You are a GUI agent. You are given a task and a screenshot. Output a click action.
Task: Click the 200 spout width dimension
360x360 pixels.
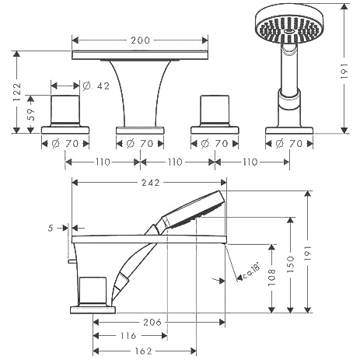pos(140,40)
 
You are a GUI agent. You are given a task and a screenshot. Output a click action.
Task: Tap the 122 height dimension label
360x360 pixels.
pos(17,92)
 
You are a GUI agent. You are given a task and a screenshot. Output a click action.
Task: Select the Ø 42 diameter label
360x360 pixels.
pos(96,86)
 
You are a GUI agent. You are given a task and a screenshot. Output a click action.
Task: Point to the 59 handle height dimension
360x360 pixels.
pos(31,114)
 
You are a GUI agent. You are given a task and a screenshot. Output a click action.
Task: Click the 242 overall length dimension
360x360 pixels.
pos(151,183)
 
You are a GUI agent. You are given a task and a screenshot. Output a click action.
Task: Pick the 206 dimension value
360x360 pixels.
pos(152,323)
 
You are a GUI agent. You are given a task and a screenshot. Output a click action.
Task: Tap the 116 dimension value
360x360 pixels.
pos(128,336)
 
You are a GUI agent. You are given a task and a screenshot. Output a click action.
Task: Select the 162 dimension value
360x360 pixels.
pos(143,351)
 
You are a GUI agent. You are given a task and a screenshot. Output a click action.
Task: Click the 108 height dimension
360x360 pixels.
pos(271,278)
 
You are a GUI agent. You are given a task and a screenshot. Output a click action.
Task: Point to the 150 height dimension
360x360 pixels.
pos(291,264)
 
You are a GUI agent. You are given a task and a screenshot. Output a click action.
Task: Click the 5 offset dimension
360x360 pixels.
pos(51,228)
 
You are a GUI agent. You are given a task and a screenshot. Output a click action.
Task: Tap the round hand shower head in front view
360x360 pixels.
pos(289,24)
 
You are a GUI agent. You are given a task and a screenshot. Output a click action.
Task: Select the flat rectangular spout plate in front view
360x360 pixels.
pos(140,55)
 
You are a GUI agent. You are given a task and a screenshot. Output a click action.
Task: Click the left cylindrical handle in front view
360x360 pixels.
pos(65,110)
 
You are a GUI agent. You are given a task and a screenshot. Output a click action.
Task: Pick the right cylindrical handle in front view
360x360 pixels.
pos(215,110)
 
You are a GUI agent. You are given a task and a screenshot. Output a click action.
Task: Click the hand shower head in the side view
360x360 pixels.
pos(193,210)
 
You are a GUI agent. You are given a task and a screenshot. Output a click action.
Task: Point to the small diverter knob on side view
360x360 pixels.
pos(73,261)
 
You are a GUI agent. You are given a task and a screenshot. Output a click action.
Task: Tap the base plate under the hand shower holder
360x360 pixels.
pos(289,131)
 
